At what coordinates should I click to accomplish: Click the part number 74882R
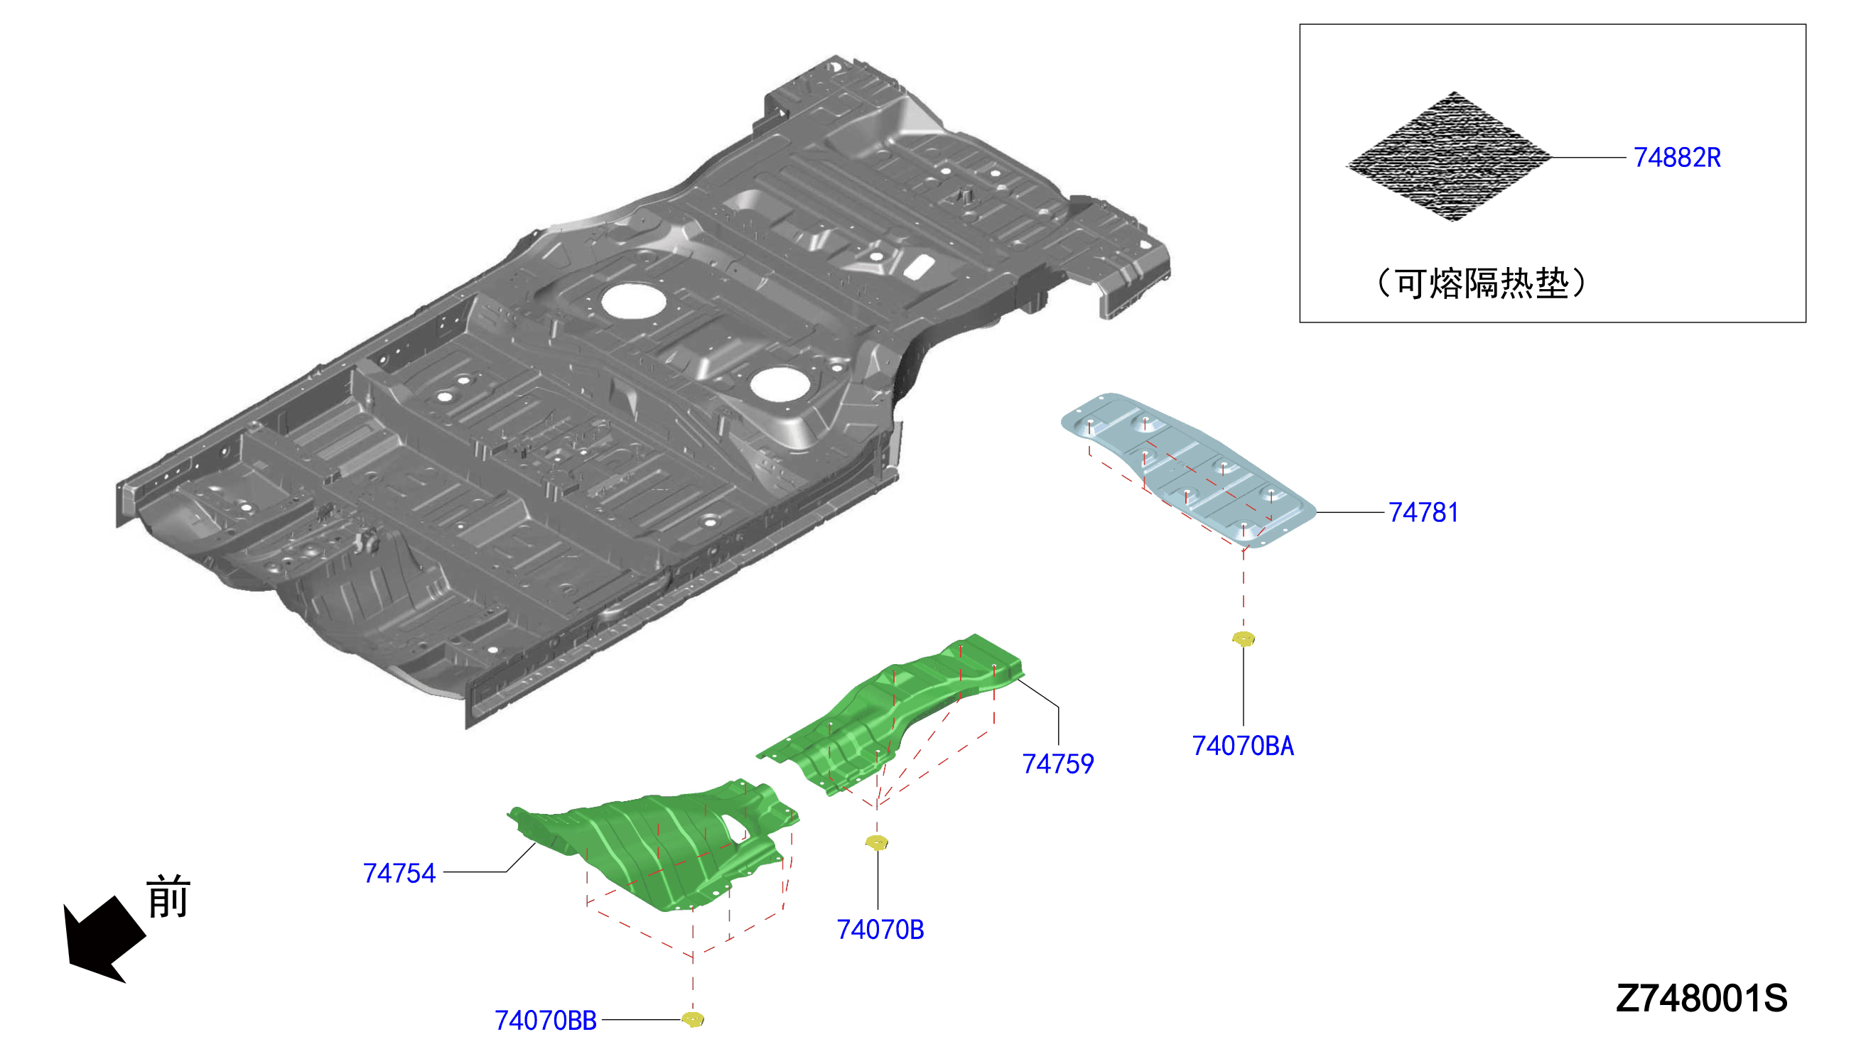click(1676, 157)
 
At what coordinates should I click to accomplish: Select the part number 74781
click(1423, 513)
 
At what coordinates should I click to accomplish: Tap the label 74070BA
click(1243, 746)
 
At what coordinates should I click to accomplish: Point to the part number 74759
click(1057, 764)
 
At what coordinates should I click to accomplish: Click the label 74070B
click(880, 930)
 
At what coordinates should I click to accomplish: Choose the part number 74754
click(399, 873)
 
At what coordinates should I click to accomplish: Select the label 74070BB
click(545, 1020)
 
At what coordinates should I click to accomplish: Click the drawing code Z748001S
click(1701, 999)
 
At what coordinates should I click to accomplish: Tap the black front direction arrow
click(103, 939)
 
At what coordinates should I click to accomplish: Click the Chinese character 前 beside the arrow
click(168, 896)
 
